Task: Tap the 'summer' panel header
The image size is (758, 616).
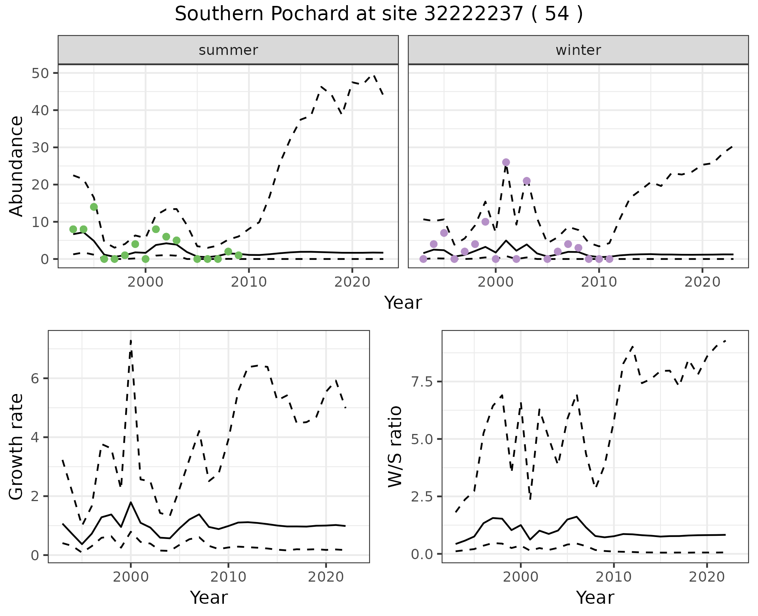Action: (228, 50)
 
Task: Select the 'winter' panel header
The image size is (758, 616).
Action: (578, 50)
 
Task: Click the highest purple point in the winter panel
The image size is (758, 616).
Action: (506, 162)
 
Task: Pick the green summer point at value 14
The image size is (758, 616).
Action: (94, 207)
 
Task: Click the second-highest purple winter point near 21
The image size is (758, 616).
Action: (527, 181)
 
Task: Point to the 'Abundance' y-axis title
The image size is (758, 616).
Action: (16, 166)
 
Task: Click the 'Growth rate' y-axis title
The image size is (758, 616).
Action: (16, 447)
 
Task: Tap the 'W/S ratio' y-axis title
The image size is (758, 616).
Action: (395, 447)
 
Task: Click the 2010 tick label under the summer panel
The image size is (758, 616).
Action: (249, 282)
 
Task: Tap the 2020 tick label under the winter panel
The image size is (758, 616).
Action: (702, 282)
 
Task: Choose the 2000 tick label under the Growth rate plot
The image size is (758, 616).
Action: (131, 577)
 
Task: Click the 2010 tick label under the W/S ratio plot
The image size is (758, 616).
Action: (614, 577)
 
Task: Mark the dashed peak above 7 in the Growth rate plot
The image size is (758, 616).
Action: (131, 340)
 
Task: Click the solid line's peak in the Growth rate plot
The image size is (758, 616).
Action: (131, 502)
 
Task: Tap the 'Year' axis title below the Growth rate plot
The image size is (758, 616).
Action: (209, 597)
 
